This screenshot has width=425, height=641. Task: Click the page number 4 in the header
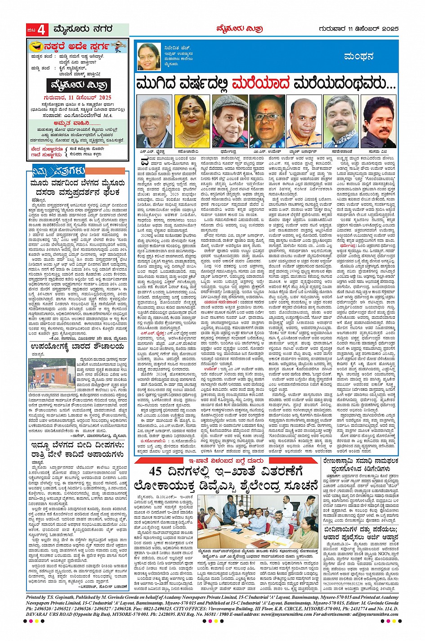42,30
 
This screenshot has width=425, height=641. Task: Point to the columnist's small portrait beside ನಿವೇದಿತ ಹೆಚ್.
148,55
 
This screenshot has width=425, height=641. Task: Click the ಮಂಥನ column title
358,57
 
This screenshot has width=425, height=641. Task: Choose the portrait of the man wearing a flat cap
230,121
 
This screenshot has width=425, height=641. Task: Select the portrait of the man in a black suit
379,121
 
